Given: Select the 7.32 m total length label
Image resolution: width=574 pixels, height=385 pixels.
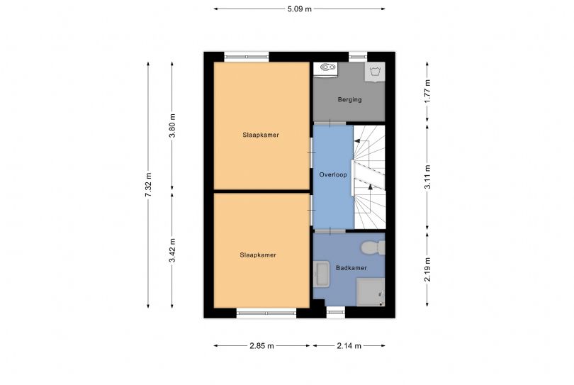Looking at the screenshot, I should pyautogui.click(x=148, y=185).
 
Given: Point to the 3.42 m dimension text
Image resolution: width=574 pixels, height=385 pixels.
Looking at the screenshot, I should pyautogui.click(x=172, y=250).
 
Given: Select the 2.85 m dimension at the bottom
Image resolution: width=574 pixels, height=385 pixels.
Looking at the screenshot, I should pyautogui.click(x=262, y=346).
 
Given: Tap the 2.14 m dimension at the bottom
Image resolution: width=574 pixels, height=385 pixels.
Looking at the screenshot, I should pyautogui.click(x=348, y=346).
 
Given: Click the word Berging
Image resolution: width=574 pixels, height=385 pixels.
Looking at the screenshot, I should pyautogui.click(x=349, y=100).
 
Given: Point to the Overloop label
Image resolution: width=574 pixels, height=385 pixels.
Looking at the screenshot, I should pyautogui.click(x=333, y=174).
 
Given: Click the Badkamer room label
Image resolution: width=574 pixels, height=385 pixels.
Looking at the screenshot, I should pyautogui.click(x=351, y=268).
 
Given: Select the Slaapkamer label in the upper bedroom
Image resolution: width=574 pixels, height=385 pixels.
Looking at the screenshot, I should pyautogui.click(x=255, y=134).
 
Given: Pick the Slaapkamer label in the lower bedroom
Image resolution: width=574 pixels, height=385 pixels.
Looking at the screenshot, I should pyautogui.click(x=258, y=255).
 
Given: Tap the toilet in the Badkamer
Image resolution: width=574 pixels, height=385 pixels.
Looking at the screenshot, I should pyautogui.click(x=371, y=247).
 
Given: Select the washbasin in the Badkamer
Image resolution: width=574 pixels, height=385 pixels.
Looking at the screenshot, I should pyautogui.click(x=321, y=273).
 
